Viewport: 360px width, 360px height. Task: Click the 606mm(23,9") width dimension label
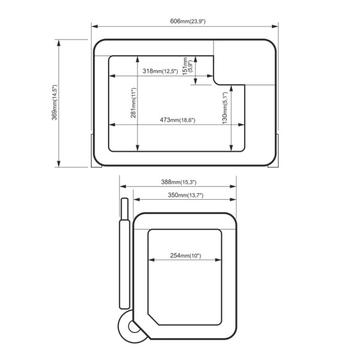(x=188, y=21)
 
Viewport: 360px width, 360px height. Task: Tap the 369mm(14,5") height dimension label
(x=55, y=103)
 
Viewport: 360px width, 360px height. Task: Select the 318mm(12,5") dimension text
(x=160, y=71)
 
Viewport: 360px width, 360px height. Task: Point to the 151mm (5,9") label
(x=188, y=66)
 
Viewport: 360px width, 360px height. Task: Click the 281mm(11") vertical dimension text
(x=133, y=103)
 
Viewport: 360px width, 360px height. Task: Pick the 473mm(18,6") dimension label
(x=178, y=120)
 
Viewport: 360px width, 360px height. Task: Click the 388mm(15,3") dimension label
(x=179, y=182)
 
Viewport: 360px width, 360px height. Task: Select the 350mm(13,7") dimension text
(x=185, y=195)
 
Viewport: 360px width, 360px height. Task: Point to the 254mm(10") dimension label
(x=185, y=256)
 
